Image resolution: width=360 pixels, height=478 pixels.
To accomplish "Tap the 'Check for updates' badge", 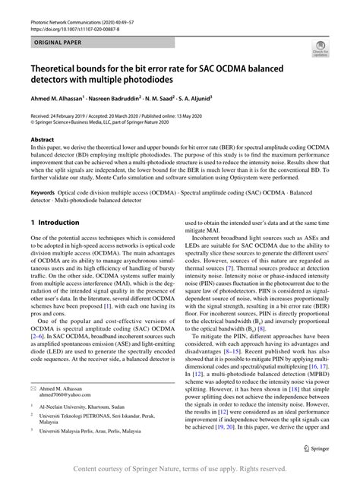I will [321, 50].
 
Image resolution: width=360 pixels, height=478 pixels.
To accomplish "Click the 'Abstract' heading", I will [43, 141].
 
